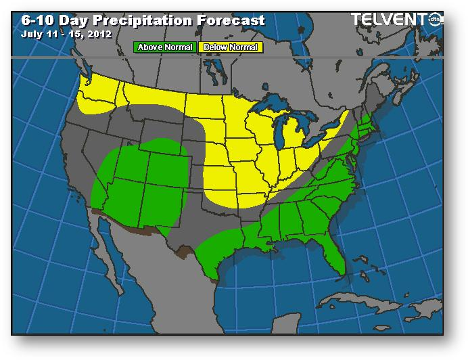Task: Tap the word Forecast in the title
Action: pyautogui.click(x=231, y=20)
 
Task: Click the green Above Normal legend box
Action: pyautogui.click(x=165, y=47)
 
